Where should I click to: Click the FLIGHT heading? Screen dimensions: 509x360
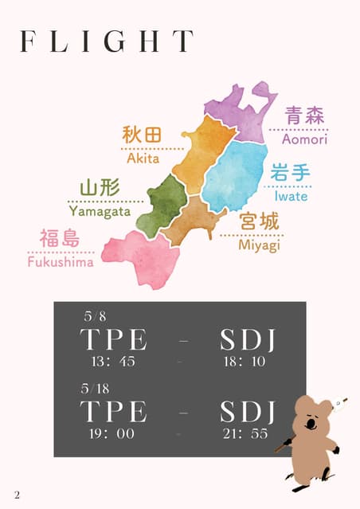click(x=107, y=41)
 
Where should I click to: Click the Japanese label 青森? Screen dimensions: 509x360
click(x=304, y=116)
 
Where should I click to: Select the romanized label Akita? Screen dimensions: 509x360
click(x=143, y=158)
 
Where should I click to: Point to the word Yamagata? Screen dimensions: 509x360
click(x=101, y=211)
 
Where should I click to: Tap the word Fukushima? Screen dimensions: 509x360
click(x=60, y=261)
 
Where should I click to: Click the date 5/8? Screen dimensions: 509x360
click(x=93, y=316)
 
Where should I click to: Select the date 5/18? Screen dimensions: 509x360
click(x=96, y=389)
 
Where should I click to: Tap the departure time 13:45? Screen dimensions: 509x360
click(x=114, y=362)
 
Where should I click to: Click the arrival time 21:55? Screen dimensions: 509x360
click(x=247, y=434)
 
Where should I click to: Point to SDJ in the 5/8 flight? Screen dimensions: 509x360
click(x=247, y=340)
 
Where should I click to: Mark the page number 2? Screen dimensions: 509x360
click(x=17, y=495)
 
